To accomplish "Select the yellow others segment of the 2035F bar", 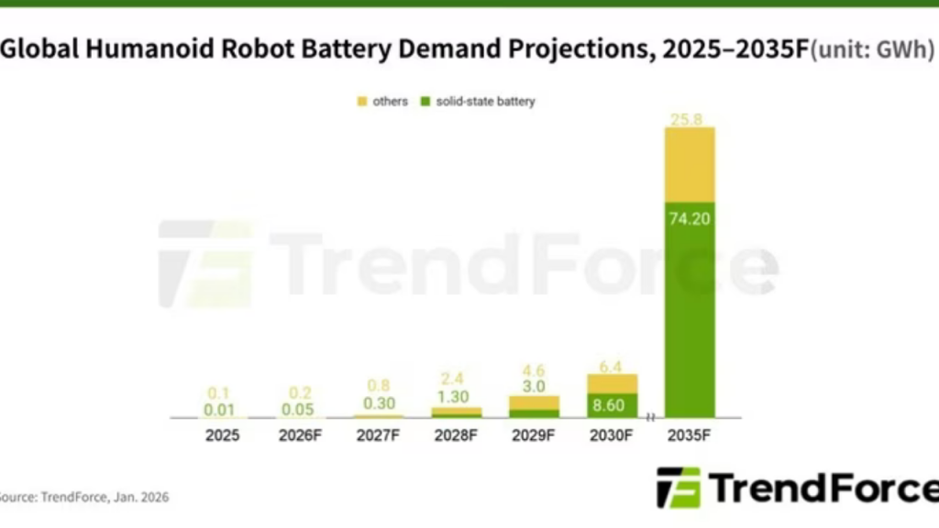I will pos(690,165).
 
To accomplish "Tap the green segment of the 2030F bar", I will pos(612,406).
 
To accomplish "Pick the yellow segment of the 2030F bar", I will pos(612,383).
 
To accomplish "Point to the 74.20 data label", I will pos(690,218).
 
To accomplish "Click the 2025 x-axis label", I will pos(222,435).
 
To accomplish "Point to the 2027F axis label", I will pos(378,435).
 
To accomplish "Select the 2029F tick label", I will pos(534,435).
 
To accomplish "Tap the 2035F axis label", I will pos(690,435).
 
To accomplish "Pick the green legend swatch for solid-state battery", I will pos(425,102).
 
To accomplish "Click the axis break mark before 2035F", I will pos(651,418).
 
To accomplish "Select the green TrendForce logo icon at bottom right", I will pos(679,487).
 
